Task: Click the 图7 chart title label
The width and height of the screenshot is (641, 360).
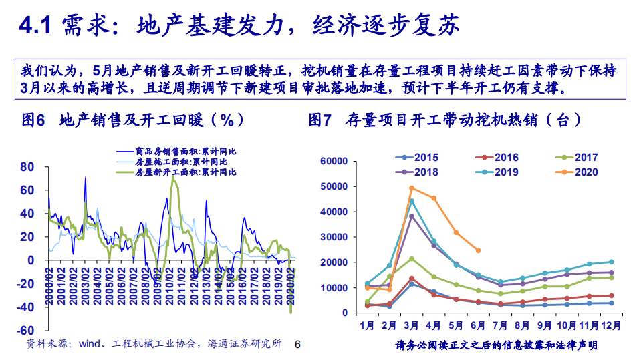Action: point(320,120)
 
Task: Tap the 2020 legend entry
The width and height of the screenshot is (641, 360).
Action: point(585,172)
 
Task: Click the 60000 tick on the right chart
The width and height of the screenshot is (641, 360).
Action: point(334,161)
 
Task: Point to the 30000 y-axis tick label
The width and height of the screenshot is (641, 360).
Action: point(334,237)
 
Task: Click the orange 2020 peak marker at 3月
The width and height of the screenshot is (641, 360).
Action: point(412,188)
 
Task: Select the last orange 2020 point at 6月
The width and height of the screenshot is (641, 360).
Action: point(478,250)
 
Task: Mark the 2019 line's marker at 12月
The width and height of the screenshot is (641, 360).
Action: point(611,262)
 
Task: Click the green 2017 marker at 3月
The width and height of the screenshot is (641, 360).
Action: point(412,258)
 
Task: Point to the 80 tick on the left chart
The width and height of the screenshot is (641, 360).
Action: point(27,166)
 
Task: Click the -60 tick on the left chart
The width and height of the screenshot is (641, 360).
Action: point(25,331)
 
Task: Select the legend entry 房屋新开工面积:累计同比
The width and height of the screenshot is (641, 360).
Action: point(180,172)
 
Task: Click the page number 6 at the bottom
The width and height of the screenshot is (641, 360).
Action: point(298,345)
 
